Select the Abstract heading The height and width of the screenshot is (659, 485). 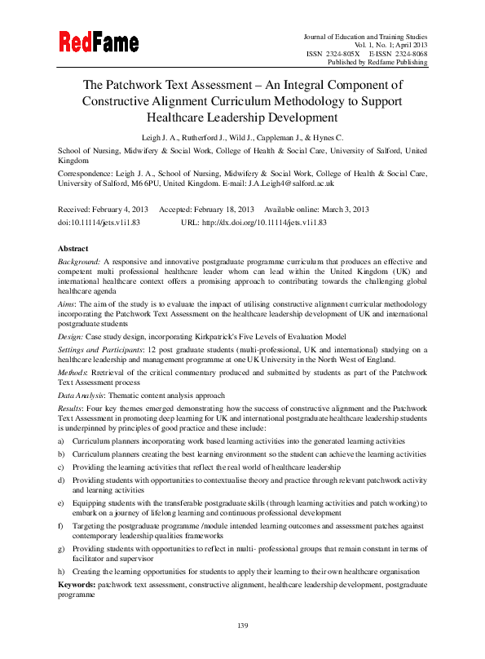(74, 248)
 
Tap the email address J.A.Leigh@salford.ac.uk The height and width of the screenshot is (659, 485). (297, 184)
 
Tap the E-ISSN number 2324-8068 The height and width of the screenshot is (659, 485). (409, 53)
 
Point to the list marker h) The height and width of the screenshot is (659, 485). (62, 572)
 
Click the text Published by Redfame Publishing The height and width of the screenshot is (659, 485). (376, 62)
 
